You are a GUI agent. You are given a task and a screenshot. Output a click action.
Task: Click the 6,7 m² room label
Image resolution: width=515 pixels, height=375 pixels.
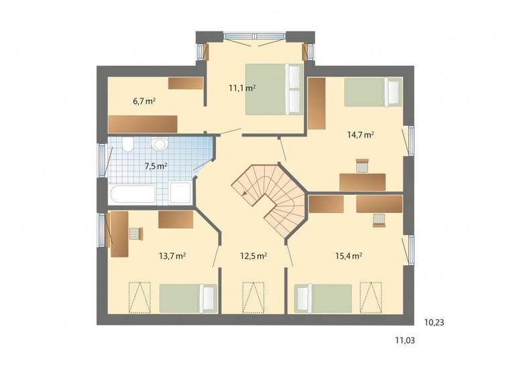(144, 102)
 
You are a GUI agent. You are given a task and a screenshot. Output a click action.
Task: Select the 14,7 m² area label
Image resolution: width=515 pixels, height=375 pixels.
(360, 134)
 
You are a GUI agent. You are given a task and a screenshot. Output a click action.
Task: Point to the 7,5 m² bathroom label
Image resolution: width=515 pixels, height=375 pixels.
(155, 166)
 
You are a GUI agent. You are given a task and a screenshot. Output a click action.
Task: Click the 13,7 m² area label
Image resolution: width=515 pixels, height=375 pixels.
(172, 256)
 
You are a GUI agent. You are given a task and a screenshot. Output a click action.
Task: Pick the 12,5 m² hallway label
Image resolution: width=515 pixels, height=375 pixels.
(254, 256)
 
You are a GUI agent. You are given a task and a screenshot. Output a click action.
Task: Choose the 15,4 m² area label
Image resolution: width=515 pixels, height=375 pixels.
(349, 255)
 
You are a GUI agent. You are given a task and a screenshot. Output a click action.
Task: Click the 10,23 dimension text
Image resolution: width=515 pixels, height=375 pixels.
(435, 322)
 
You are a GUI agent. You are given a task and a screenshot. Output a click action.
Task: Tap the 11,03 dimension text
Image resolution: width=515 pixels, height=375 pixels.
(404, 340)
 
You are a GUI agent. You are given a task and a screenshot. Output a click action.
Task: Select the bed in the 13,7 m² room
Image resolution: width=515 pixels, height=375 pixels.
(188, 297)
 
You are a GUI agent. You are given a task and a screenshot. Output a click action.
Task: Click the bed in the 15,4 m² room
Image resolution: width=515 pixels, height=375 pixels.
(323, 298)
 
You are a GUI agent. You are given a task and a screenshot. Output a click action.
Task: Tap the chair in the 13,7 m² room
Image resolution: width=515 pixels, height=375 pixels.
(135, 234)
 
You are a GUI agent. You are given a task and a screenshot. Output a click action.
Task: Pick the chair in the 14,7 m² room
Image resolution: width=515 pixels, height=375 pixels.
(363, 165)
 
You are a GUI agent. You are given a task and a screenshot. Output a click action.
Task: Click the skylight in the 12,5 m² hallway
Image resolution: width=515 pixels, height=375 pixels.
(253, 295)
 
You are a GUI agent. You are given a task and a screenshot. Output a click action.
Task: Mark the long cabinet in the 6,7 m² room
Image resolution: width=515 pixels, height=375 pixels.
(143, 124)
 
